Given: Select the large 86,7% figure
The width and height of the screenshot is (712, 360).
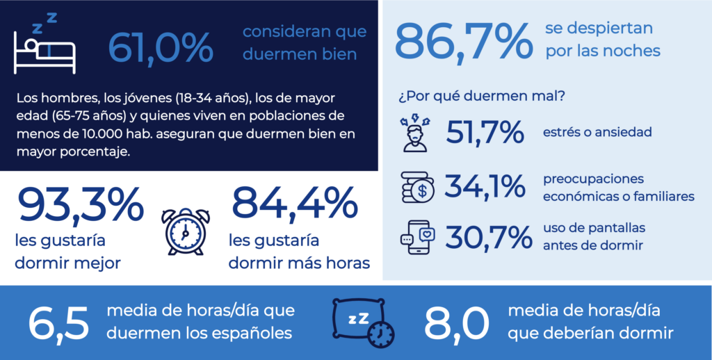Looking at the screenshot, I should (463, 41).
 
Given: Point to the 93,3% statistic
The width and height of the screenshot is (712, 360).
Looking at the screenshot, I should (79, 204).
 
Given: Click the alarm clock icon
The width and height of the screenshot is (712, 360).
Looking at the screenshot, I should (186, 231).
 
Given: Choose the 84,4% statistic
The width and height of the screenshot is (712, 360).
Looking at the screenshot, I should (294, 204).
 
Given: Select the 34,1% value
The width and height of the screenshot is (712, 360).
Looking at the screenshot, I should (485, 186).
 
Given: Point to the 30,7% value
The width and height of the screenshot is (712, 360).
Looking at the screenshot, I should (485, 236).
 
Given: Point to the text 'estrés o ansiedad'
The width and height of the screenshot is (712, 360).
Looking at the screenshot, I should (597, 131).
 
